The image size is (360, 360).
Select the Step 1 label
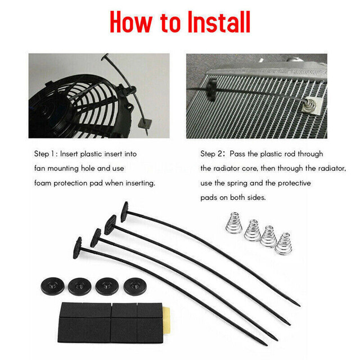pos(51,154)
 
